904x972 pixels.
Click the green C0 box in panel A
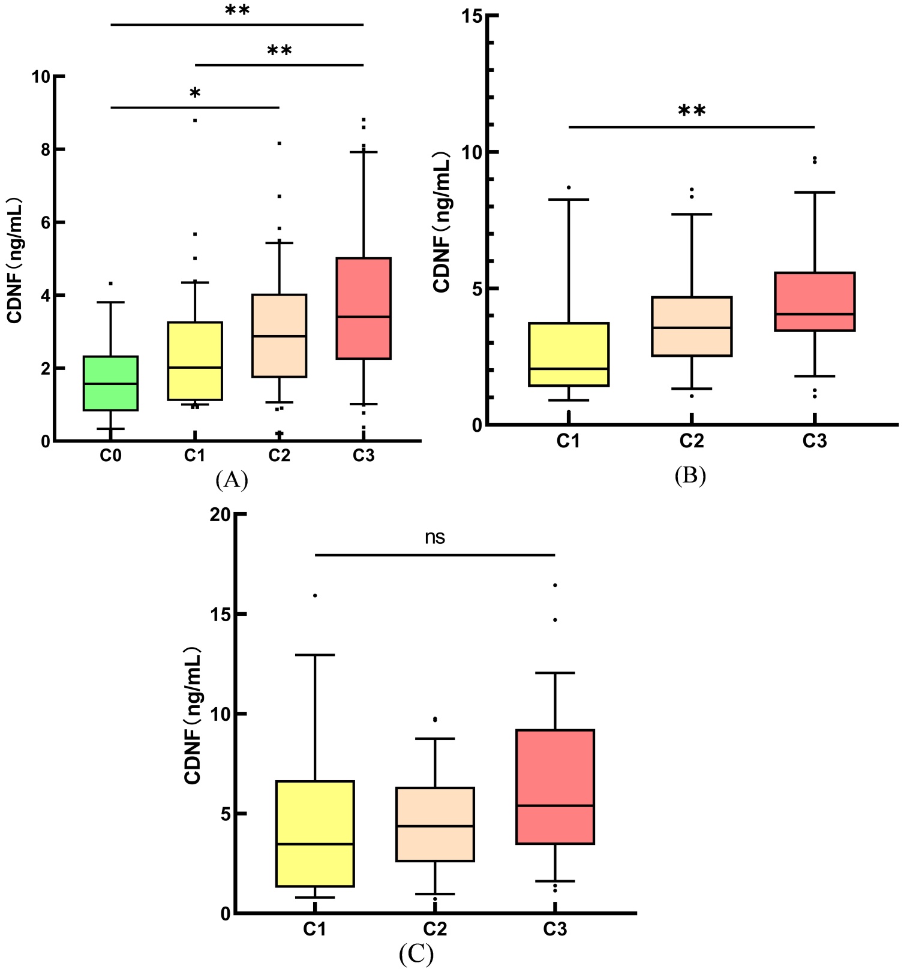tap(111, 383)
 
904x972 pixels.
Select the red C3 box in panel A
tap(364, 308)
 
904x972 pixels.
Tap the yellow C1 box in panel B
tap(569, 354)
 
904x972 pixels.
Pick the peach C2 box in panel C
tap(435, 824)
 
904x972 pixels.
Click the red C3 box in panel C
tap(555, 787)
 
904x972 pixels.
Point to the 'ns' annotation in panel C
tap(435, 537)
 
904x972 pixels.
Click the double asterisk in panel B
tap(692, 111)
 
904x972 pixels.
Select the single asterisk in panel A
tap(195, 94)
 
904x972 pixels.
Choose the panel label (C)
tap(416, 953)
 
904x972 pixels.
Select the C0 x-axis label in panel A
tap(111, 456)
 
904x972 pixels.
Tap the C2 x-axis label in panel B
tap(692, 441)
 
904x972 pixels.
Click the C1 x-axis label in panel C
tap(314, 929)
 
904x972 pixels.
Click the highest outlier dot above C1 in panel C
tap(315, 595)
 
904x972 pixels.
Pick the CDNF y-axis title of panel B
tap(443, 222)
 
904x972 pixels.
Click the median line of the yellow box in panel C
tap(315, 844)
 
